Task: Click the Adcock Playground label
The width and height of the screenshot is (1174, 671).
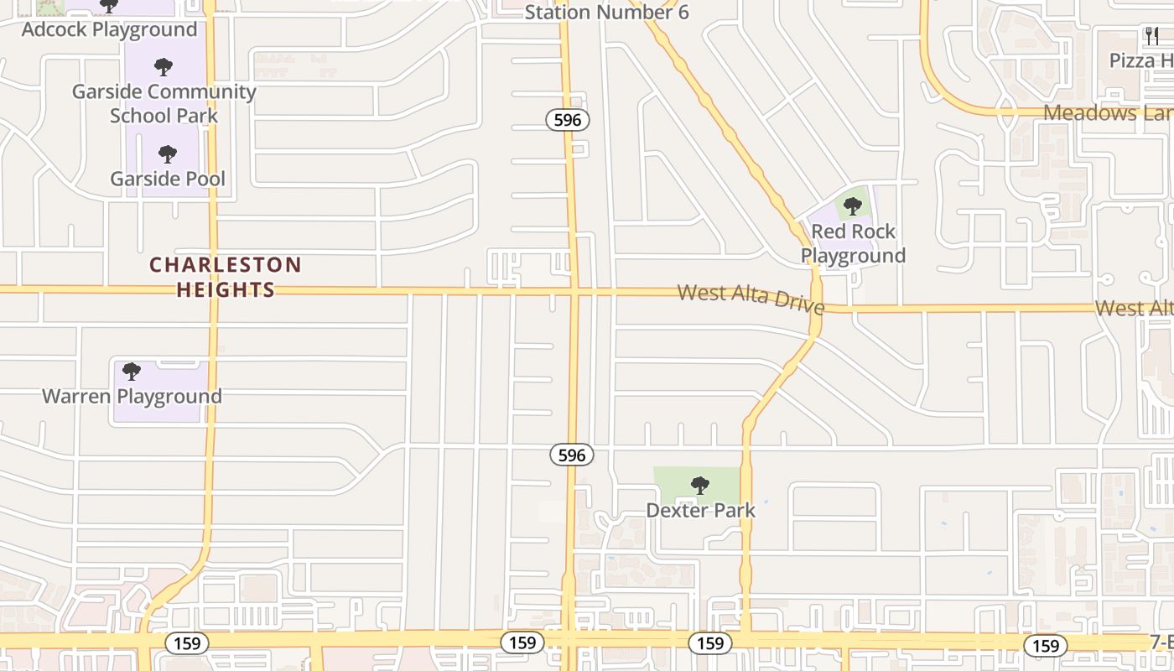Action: point(109,29)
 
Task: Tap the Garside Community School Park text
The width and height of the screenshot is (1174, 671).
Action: point(164,103)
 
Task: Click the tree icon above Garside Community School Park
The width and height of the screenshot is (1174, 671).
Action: point(164,67)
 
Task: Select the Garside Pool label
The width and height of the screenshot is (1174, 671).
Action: point(168,179)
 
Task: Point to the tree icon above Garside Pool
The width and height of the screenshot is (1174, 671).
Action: point(168,153)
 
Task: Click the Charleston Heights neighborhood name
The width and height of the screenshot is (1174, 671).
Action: point(225,278)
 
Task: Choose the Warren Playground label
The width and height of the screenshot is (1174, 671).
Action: point(132,396)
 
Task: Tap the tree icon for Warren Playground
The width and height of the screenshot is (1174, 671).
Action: point(131,371)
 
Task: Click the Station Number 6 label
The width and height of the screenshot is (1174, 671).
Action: point(606,13)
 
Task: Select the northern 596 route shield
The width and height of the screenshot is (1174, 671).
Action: point(568,120)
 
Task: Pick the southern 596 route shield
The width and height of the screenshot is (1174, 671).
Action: point(572,455)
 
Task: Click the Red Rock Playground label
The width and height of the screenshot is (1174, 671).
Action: point(853,243)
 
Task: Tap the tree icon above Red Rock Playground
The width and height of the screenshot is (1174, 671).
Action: point(853,205)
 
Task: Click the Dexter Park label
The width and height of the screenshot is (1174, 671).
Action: point(700,510)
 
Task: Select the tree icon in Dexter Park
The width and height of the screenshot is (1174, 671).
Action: point(699,485)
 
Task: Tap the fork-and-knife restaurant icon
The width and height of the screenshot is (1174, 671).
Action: point(1152,36)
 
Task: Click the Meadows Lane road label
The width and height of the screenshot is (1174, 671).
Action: point(1107,113)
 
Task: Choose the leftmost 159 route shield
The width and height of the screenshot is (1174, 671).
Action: point(187,643)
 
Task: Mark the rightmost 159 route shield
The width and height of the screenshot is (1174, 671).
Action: point(1045,646)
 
